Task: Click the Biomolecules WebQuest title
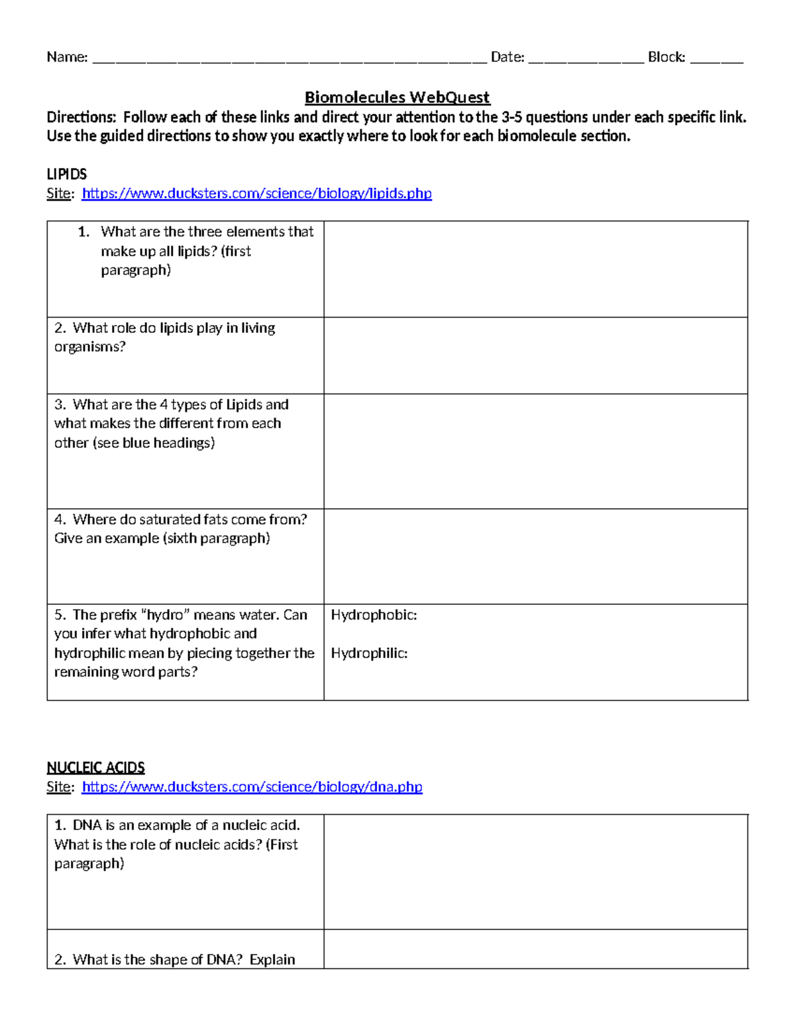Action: pyautogui.click(x=397, y=97)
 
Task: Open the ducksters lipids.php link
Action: pyautogui.click(x=256, y=193)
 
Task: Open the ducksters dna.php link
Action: pyautogui.click(x=252, y=786)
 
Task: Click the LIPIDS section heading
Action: pyautogui.click(x=66, y=174)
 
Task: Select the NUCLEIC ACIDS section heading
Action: pyautogui.click(x=95, y=767)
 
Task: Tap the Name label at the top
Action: pyautogui.click(x=66, y=58)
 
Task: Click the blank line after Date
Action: pyautogui.click(x=586, y=60)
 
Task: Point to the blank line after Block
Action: pyautogui.click(x=716, y=60)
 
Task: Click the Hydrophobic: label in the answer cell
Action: pyautogui.click(x=374, y=615)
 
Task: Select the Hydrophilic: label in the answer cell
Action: pyautogui.click(x=369, y=653)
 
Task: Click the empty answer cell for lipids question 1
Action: pyautogui.click(x=535, y=269)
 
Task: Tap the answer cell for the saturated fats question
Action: pyautogui.click(x=535, y=556)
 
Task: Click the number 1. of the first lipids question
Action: pyautogui.click(x=83, y=232)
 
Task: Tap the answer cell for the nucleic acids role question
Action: pyautogui.click(x=535, y=871)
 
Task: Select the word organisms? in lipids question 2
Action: pyautogui.click(x=89, y=347)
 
